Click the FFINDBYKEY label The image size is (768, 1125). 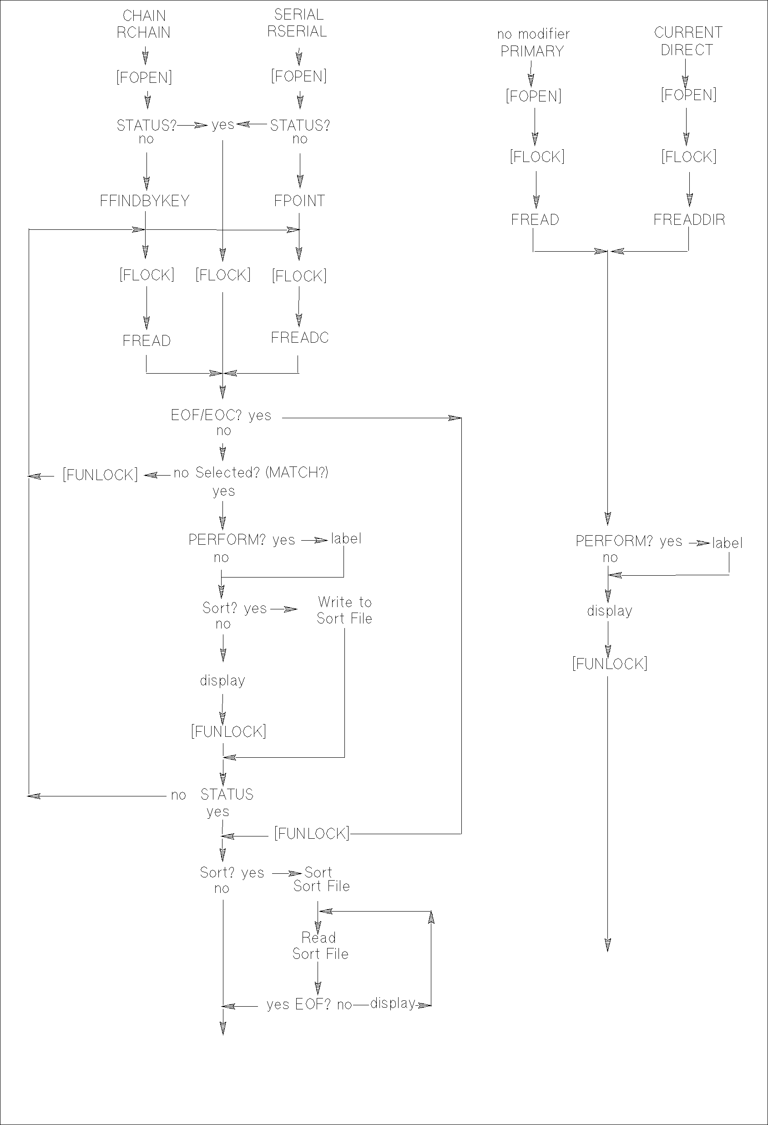(144, 201)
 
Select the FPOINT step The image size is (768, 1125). (299, 201)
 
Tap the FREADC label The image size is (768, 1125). (299, 338)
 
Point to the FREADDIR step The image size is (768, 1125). (689, 220)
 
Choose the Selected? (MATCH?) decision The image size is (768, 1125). (261, 472)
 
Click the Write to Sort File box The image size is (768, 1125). (344, 610)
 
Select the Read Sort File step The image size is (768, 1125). (319, 946)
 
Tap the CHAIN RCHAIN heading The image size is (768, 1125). (144, 24)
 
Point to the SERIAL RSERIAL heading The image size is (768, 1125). (297, 23)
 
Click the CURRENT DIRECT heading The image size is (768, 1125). (687, 41)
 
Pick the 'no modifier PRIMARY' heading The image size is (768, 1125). (533, 43)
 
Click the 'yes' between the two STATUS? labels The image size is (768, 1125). (222, 125)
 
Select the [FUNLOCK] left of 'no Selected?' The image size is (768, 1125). (100, 475)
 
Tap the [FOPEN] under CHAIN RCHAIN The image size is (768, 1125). (144, 77)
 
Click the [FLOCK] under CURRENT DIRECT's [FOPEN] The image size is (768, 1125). (689, 157)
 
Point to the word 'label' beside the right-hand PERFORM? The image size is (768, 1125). (727, 543)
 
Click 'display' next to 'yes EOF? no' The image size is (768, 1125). (393, 1003)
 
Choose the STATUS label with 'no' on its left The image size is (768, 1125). (227, 795)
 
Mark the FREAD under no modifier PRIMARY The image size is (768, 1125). (535, 220)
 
